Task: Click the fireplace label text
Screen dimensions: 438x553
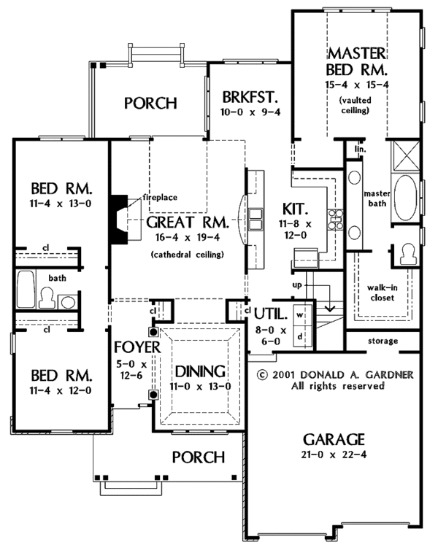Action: (x=160, y=197)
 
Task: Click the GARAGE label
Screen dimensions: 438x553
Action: (x=334, y=439)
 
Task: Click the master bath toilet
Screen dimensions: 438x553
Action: (x=409, y=254)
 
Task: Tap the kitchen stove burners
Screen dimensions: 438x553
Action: (x=335, y=220)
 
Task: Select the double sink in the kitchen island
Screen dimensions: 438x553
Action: (x=255, y=220)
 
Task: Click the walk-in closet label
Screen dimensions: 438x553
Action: (x=383, y=293)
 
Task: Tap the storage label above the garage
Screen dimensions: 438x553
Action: (x=383, y=341)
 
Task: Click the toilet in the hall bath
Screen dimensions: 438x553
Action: (x=47, y=298)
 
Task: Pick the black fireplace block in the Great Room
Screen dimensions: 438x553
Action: (x=120, y=220)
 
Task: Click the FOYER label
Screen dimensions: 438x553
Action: (x=137, y=347)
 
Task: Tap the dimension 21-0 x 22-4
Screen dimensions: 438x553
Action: (x=334, y=455)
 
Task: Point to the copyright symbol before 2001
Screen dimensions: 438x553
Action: (x=262, y=374)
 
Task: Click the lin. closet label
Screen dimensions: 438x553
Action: (x=361, y=149)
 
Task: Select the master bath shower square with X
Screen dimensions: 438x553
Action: (x=406, y=155)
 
